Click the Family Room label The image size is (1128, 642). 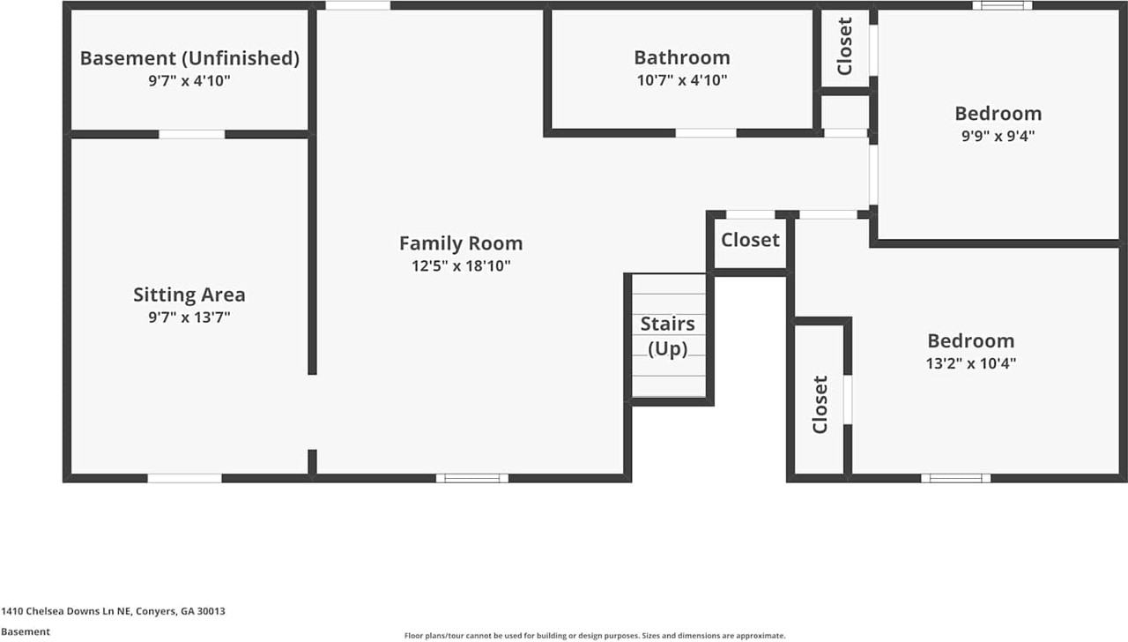[461, 243]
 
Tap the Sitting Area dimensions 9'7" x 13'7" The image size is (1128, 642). [189, 317]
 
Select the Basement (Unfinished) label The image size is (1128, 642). [189, 58]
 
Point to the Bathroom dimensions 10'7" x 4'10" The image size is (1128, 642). [682, 80]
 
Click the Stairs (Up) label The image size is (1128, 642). [668, 336]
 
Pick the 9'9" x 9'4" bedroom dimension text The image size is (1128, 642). [998, 136]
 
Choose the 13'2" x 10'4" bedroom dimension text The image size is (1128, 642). [971, 363]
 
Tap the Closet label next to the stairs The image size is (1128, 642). [750, 241]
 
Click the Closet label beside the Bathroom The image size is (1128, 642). [844, 46]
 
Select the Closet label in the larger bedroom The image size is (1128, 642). [820, 404]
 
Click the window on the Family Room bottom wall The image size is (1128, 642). [471, 478]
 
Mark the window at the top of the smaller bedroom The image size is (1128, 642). [1002, 5]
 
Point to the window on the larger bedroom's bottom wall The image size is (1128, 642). [956, 478]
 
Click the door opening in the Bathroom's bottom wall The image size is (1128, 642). [706, 133]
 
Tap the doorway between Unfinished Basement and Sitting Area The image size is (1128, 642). [192, 135]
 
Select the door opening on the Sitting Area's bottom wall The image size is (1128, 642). [184, 478]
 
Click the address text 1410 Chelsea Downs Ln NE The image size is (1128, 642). [65, 611]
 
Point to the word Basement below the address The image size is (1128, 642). [26, 632]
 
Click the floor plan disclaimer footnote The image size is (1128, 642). [595, 636]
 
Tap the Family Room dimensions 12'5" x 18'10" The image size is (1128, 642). [461, 266]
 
